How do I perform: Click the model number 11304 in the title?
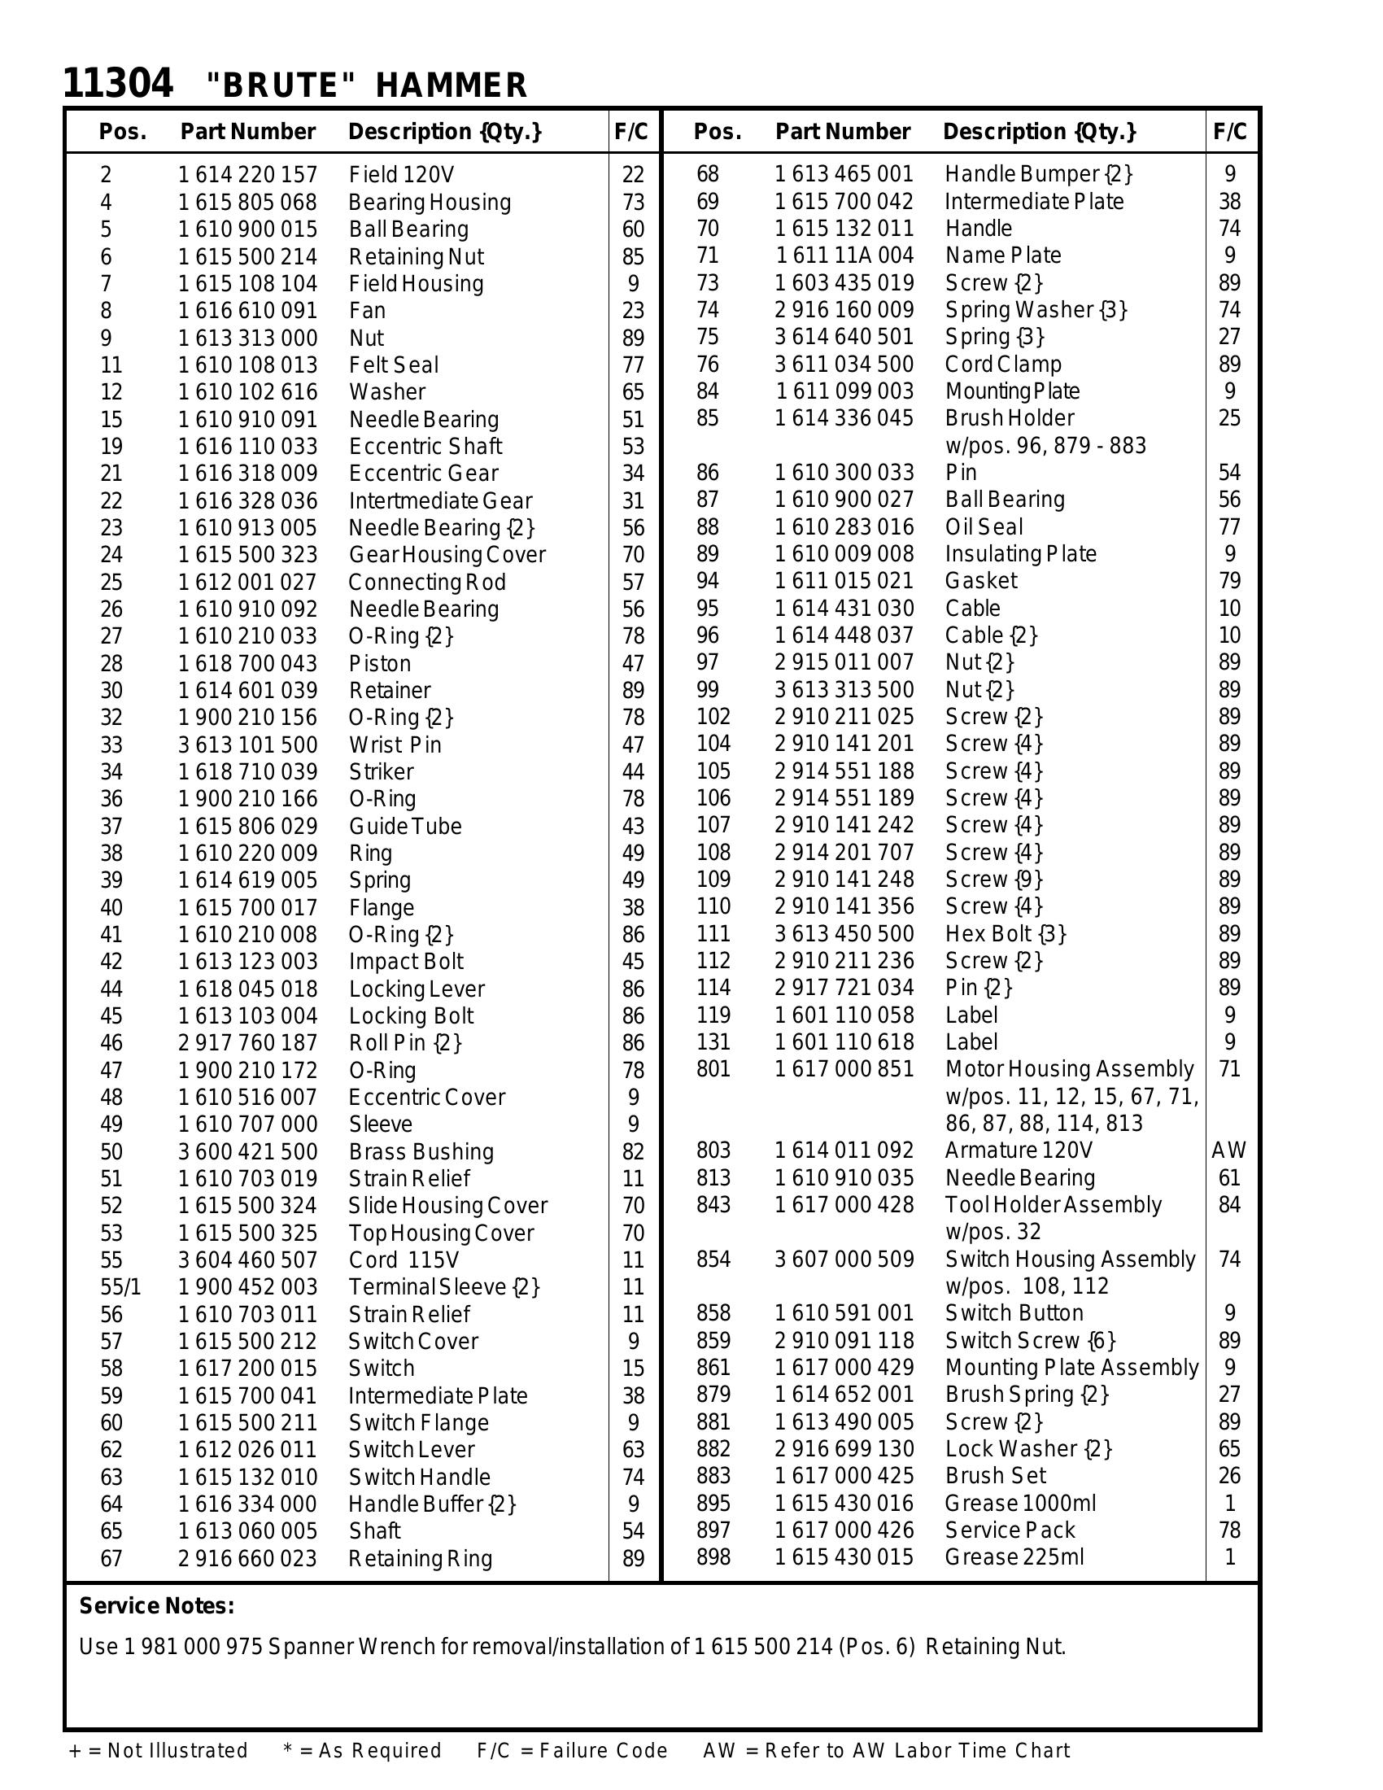[x=118, y=84]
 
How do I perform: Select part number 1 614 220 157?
[x=247, y=175]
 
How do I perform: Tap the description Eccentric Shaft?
[x=425, y=446]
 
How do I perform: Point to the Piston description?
[x=379, y=663]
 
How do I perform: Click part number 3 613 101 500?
[x=247, y=744]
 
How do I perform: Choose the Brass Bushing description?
[x=421, y=1151]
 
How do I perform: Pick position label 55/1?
[x=120, y=1287]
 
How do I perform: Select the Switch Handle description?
[x=420, y=1477]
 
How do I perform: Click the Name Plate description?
[x=1003, y=255]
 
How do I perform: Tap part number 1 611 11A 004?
[x=844, y=255]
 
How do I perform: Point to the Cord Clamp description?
[x=1003, y=364]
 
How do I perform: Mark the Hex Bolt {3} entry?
[x=1006, y=933]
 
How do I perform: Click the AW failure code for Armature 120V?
[x=1229, y=1150]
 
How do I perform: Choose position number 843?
[x=713, y=1205]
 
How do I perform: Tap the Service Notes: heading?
[x=156, y=1605]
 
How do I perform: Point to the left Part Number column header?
[x=247, y=132]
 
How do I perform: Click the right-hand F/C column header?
[x=1230, y=132]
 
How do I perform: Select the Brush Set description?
[x=996, y=1476]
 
